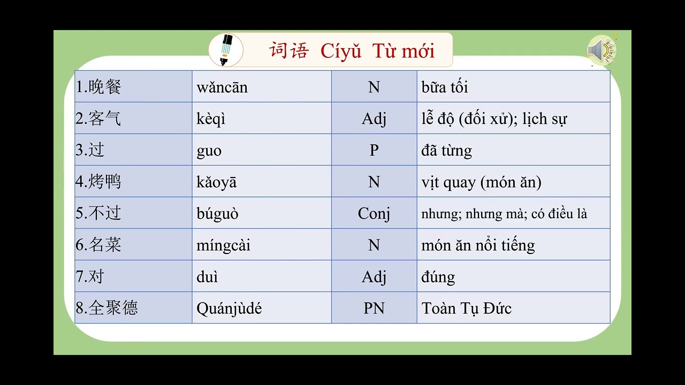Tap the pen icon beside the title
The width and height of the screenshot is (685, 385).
[x=226, y=50]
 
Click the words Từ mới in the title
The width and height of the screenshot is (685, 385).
[x=404, y=51]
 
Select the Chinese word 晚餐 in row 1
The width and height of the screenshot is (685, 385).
[x=105, y=87]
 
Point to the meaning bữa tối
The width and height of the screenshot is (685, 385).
[x=445, y=87]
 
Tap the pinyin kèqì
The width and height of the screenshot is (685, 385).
[x=211, y=119]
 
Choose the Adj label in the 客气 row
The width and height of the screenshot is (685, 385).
[x=374, y=119]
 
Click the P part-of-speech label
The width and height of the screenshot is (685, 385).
[x=374, y=150]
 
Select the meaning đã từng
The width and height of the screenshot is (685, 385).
[x=446, y=151]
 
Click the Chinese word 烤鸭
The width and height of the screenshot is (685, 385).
[x=105, y=182]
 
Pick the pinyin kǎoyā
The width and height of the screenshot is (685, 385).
[x=216, y=182]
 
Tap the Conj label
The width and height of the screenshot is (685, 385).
[x=374, y=214]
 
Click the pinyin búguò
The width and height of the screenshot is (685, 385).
[x=217, y=214]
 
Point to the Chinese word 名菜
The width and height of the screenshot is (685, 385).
[x=105, y=245]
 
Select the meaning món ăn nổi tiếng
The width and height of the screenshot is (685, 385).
[x=478, y=245]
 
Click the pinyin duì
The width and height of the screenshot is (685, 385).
[x=207, y=277]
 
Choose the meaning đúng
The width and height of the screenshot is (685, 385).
[x=438, y=277]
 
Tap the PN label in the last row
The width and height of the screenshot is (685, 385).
[x=374, y=309]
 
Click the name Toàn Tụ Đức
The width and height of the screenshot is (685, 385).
[x=466, y=309]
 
